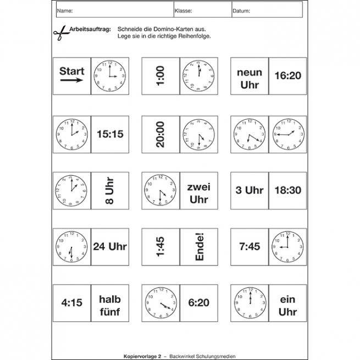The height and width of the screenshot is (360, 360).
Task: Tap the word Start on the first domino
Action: tap(72, 71)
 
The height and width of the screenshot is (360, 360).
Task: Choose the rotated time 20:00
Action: tap(160, 133)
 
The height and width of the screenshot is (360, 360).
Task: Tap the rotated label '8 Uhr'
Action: tap(108, 190)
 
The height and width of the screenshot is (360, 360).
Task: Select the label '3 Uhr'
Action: tap(250, 190)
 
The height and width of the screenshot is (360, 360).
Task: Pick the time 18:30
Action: tap(287, 190)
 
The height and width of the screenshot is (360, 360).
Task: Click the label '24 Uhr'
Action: tap(109, 247)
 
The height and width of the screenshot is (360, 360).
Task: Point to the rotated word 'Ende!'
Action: tap(199, 247)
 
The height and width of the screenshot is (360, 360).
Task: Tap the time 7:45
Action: tap(249, 247)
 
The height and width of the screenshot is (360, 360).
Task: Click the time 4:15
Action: tap(71, 303)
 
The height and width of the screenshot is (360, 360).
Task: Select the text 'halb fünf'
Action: tap(109, 306)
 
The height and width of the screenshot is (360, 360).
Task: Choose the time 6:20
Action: tap(198, 303)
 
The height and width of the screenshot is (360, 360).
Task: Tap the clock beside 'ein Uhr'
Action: tap(250, 303)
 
